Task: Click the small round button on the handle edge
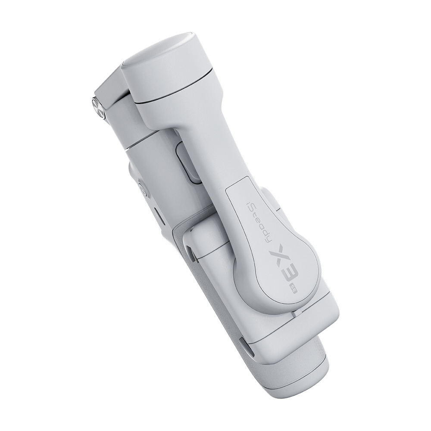[143, 190]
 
